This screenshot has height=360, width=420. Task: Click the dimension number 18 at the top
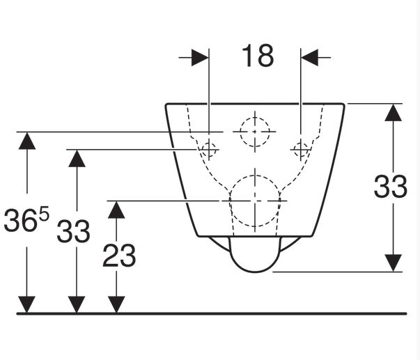[258, 56]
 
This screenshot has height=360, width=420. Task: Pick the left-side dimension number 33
[73, 230]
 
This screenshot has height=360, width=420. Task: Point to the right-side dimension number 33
[390, 187]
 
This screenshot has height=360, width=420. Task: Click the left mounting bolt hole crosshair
[209, 148]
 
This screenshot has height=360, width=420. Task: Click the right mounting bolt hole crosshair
[301, 148]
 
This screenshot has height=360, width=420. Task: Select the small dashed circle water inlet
[255, 131]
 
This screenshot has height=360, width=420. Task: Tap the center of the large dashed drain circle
[256, 201]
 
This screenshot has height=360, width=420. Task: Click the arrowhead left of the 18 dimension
[201, 57]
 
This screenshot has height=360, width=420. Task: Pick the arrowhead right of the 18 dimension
[309, 57]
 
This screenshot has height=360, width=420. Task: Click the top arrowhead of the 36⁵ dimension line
[26, 140]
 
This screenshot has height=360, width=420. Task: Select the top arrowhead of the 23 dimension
[116, 210]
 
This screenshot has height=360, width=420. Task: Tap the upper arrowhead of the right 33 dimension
[394, 113]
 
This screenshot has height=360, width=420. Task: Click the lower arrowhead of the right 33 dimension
[394, 263]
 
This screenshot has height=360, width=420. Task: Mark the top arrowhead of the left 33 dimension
[77, 157]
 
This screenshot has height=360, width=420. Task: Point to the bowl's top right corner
[343, 105]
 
